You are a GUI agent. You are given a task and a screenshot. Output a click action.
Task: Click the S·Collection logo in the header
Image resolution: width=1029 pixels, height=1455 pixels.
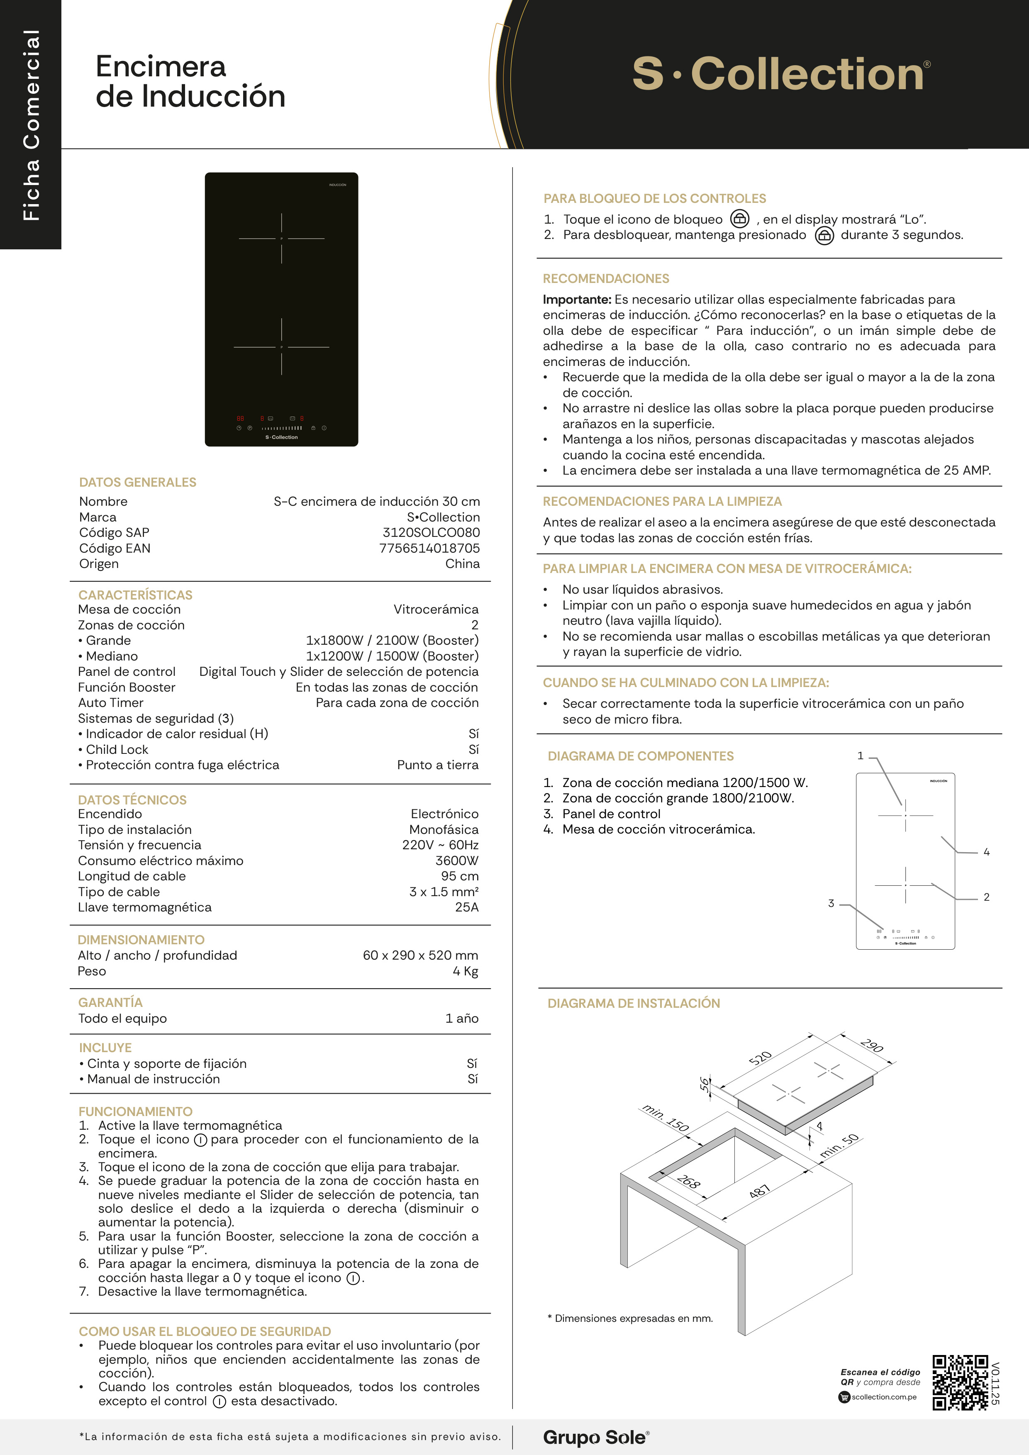pos(780,74)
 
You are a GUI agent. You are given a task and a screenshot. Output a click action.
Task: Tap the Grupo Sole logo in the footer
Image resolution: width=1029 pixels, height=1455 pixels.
pos(595,1437)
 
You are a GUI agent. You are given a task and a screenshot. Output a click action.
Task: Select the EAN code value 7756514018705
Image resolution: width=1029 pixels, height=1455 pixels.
pos(429,548)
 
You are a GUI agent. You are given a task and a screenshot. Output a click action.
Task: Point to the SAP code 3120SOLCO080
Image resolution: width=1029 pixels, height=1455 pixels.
pos(431,532)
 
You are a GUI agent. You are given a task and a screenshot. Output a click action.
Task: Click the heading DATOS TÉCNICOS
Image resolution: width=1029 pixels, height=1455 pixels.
pos(132,800)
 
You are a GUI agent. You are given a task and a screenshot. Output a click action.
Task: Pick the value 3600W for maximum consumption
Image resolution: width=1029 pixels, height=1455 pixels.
pos(456,860)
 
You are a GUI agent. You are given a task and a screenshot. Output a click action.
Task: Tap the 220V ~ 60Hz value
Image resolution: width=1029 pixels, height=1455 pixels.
pos(440,845)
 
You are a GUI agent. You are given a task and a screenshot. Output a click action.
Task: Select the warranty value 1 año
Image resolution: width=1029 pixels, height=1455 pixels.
pos(462,1019)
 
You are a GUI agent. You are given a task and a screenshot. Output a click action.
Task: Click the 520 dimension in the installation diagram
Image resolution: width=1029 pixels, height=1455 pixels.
pos(761,1058)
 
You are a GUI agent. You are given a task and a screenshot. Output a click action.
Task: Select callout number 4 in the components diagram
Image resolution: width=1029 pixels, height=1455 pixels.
pos(986,852)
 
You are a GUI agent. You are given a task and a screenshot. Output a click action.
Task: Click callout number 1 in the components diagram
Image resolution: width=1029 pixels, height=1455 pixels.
pos(861,756)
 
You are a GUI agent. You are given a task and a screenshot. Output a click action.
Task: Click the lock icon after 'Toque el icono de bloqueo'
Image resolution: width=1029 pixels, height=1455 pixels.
pos(739,219)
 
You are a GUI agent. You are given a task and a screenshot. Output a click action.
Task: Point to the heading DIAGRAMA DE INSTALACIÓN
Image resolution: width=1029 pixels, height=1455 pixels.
pos(634,1003)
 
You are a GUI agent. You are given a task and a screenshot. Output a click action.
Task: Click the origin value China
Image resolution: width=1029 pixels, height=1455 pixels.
pos(463,564)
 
